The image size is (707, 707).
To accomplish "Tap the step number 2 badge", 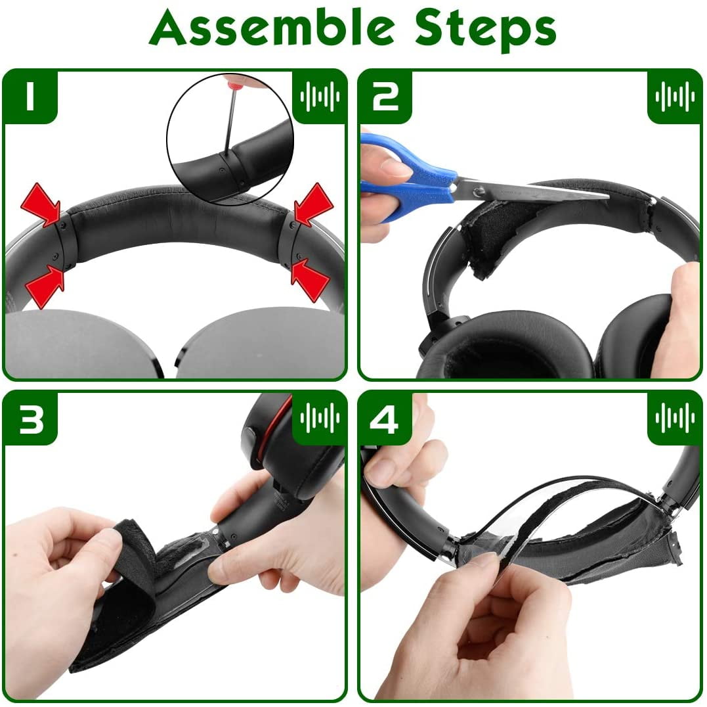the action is click(385, 96).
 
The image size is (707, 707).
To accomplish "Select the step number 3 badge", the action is click(30, 419).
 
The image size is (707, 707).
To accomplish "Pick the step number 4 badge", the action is click(385, 419).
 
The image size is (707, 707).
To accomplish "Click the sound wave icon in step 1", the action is click(320, 96).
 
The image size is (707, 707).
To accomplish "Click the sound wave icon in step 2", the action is click(675, 96).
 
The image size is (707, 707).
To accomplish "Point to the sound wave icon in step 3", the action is click(320, 419).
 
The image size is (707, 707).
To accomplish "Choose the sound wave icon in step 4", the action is click(675, 419).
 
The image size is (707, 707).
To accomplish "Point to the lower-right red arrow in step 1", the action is click(311, 281).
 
